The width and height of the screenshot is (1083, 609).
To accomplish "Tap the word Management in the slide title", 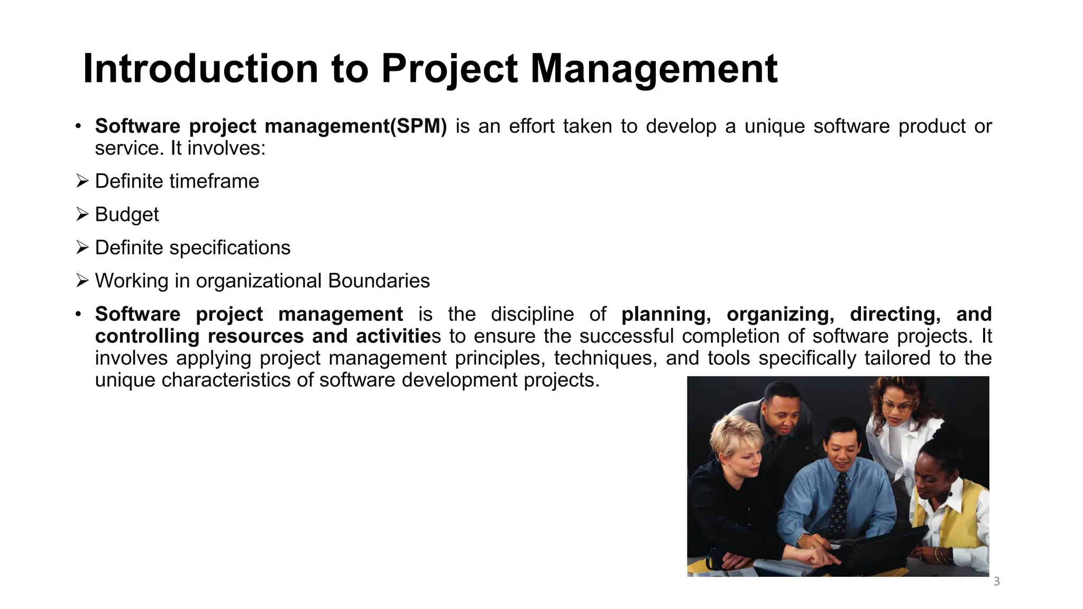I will (654, 69).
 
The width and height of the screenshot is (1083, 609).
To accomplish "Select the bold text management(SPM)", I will (355, 126).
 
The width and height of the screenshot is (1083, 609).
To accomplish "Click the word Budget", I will (127, 215).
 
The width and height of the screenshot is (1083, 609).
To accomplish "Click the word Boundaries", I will (379, 281).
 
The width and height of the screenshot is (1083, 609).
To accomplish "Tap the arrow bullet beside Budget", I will (82, 214).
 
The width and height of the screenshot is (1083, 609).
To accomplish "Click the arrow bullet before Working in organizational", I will (82, 280).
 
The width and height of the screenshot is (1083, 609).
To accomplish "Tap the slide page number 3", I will (997, 582).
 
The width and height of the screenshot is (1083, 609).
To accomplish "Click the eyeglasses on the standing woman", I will (896, 407).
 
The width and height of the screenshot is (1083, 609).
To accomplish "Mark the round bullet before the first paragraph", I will (78, 126).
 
